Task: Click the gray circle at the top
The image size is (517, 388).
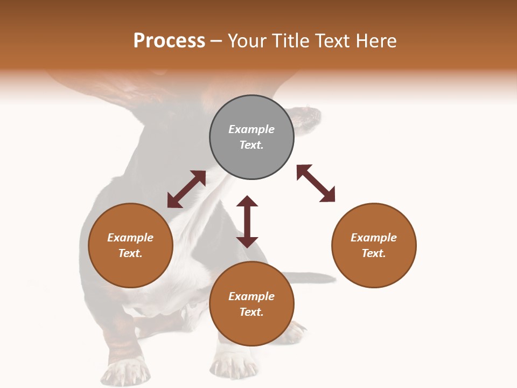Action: (251, 137)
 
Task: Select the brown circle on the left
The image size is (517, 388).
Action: (130, 245)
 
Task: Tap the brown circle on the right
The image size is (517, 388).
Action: (374, 245)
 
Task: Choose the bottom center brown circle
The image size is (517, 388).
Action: (251, 304)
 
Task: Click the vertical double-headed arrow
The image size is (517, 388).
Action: (247, 221)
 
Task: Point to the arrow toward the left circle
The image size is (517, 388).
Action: (186, 189)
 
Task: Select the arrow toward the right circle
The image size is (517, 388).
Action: (316, 183)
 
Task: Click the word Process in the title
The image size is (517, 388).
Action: (169, 40)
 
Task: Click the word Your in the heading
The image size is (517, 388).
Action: (248, 40)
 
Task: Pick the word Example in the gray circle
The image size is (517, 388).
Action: (251, 129)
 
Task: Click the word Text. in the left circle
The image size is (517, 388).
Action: (130, 253)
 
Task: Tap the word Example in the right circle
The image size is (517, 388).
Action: (374, 238)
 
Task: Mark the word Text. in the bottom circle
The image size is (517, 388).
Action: (251, 312)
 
